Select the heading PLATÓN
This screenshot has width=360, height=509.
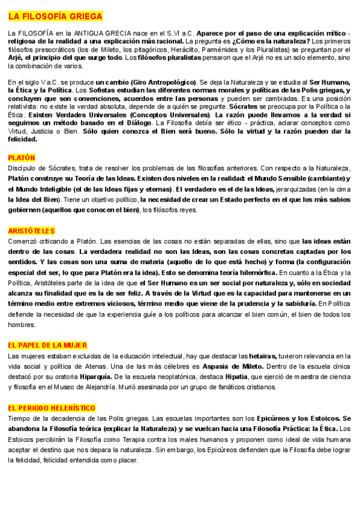[22, 157]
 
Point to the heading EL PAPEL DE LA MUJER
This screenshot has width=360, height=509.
[47, 345]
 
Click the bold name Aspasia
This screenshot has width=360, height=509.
[218, 366]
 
